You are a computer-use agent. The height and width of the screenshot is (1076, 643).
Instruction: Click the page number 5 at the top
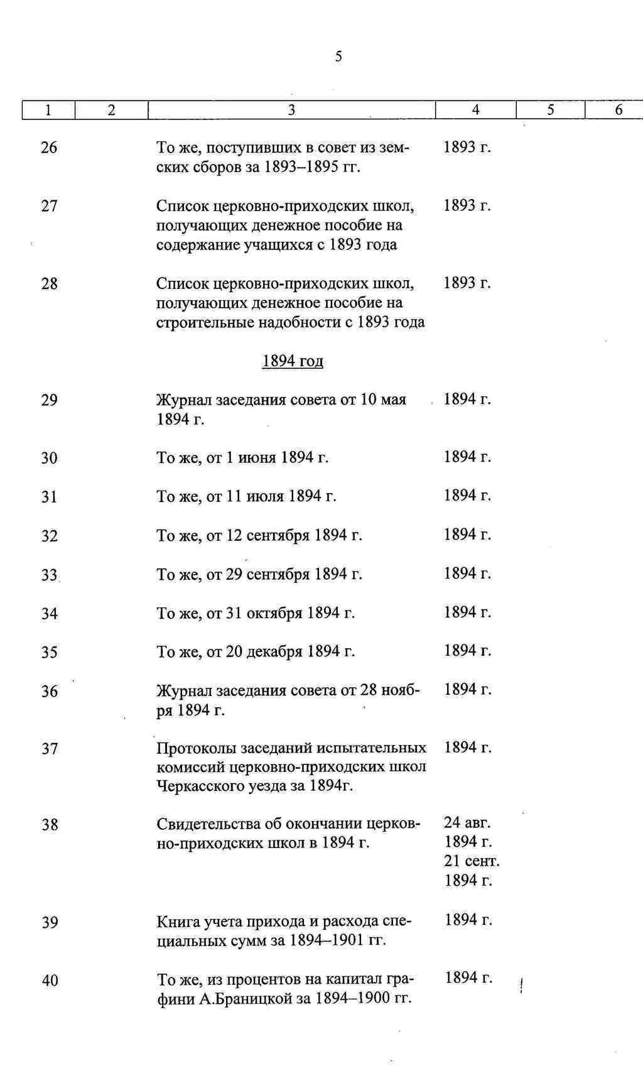tap(338, 57)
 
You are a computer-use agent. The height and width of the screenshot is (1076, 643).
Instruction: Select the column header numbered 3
tap(291, 110)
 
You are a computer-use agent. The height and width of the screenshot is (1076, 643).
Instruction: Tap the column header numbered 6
tap(619, 110)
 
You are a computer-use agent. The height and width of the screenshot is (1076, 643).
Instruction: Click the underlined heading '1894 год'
tap(293, 361)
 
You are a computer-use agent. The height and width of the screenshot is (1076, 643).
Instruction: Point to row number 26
tap(49, 148)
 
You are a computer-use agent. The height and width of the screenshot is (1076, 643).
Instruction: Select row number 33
tap(50, 575)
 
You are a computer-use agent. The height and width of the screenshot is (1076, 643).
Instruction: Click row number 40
tap(50, 980)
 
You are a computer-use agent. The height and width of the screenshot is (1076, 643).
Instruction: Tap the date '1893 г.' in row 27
tap(467, 205)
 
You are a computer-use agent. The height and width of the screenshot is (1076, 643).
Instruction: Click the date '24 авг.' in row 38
tap(467, 822)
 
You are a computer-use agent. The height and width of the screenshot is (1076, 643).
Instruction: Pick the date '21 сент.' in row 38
tap(472, 861)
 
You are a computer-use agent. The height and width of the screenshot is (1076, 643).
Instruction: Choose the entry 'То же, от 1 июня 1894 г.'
tap(242, 458)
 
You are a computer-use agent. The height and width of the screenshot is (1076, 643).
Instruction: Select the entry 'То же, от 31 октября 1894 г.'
tap(256, 613)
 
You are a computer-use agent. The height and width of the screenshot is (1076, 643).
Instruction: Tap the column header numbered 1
tap(48, 110)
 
